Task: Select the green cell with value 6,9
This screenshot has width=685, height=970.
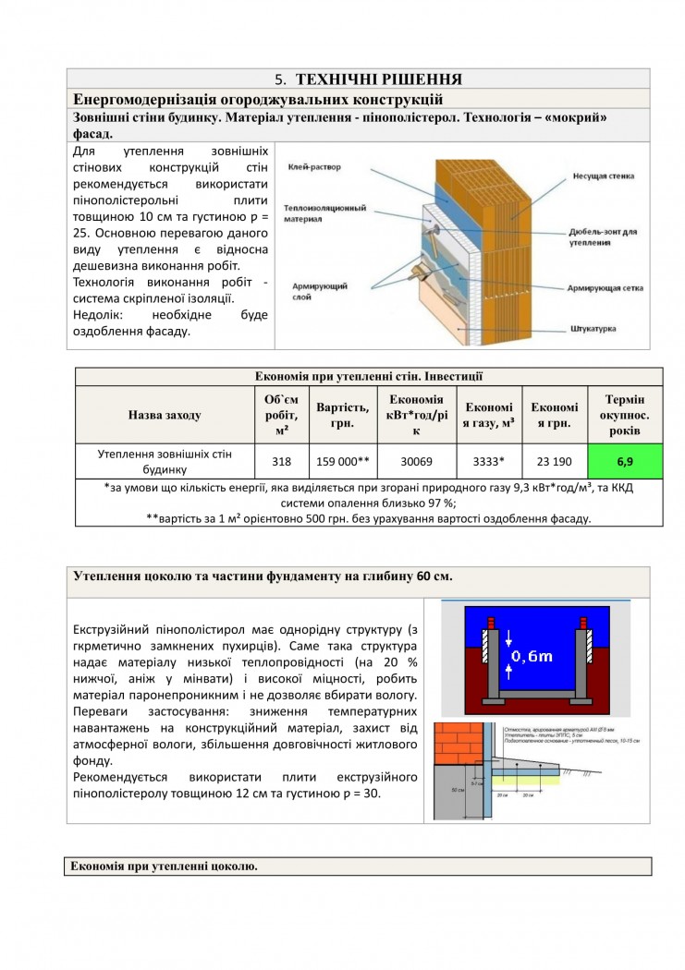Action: pos(625,459)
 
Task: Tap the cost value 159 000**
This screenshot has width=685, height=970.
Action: pos(342,460)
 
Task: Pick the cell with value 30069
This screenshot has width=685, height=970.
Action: pos(415,460)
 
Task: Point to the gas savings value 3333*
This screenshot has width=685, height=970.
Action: pos(487,460)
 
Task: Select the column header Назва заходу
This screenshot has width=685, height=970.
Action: pos(164,415)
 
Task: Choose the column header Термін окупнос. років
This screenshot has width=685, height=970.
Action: pos(625,415)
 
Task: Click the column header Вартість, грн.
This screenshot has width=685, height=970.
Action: pos(342,415)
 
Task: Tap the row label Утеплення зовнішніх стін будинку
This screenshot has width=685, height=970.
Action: pos(164,460)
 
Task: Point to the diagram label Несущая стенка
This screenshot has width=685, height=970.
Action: pos(603,176)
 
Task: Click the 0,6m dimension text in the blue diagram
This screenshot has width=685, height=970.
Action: pos(532,657)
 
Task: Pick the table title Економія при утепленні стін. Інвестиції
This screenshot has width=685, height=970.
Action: pos(368,376)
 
